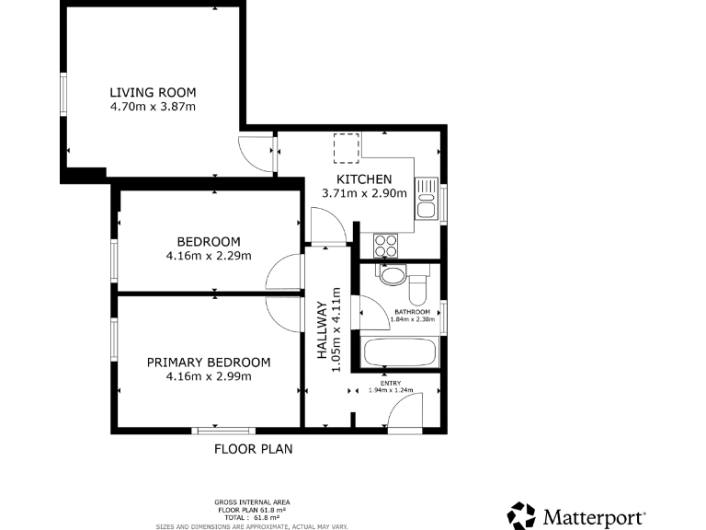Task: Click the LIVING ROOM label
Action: [153, 92]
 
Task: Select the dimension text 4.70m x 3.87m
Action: [153, 107]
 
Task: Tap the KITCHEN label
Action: [364, 179]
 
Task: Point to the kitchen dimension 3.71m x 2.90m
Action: [364, 193]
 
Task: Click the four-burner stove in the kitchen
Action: [385, 246]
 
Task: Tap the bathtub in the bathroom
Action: [401, 352]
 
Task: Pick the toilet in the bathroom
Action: [419, 289]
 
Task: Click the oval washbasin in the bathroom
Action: [393, 275]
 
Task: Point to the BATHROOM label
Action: [412, 312]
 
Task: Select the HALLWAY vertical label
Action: [322, 337]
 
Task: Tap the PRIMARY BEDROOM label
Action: [209, 362]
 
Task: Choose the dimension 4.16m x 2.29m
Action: [209, 256]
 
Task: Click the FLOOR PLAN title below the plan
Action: [253, 450]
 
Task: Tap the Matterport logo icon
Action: [521, 515]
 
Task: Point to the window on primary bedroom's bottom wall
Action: [223, 430]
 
